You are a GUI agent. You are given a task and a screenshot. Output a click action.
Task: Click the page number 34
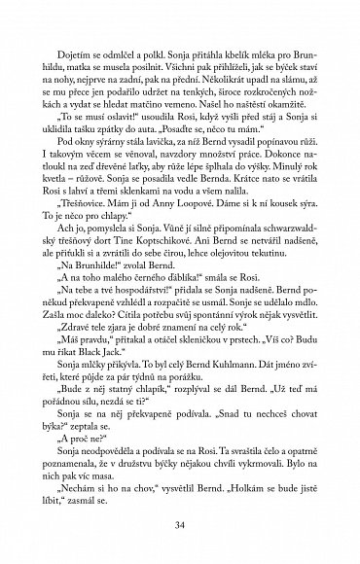click(180, 528)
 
